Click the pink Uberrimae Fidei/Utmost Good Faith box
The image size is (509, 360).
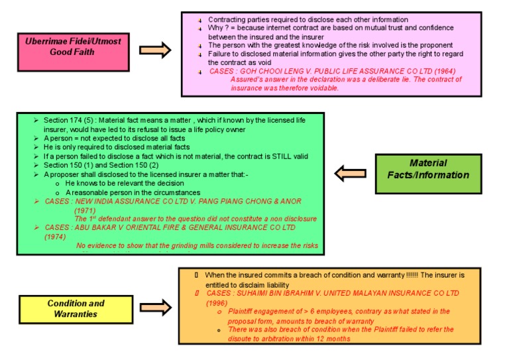(x=72, y=46)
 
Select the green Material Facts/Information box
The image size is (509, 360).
(x=427, y=170)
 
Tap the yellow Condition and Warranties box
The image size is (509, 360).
(x=76, y=308)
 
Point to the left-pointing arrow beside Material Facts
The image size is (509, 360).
(x=350, y=174)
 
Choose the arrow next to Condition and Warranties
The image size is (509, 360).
(x=156, y=308)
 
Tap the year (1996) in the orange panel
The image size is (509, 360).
(x=217, y=302)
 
